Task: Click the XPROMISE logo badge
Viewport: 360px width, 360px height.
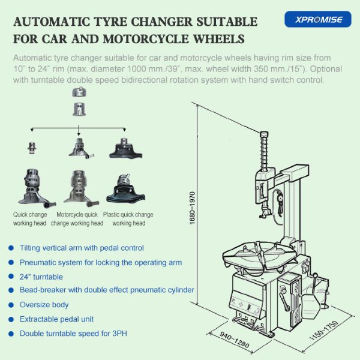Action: point(318,19)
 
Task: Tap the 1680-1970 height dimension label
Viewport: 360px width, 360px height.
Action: point(192,208)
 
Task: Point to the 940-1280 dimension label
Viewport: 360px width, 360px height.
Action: point(235,340)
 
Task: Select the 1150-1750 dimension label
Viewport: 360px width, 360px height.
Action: point(324,330)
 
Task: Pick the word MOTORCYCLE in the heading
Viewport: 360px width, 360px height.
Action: point(146,39)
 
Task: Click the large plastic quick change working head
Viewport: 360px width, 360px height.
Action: point(125,189)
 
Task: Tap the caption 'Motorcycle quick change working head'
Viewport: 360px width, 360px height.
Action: point(77,219)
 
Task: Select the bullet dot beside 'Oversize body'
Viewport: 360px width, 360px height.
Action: point(11,305)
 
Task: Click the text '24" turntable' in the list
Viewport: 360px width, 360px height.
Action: point(41,277)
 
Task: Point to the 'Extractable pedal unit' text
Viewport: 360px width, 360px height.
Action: point(56,319)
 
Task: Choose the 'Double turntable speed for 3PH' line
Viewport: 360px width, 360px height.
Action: point(73,334)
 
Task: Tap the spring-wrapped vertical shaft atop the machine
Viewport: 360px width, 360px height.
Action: point(264,152)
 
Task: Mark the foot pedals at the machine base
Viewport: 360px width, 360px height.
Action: point(248,321)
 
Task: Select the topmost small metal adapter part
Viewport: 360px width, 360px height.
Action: point(79,92)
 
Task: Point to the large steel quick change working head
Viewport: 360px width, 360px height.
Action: point(37,188)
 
